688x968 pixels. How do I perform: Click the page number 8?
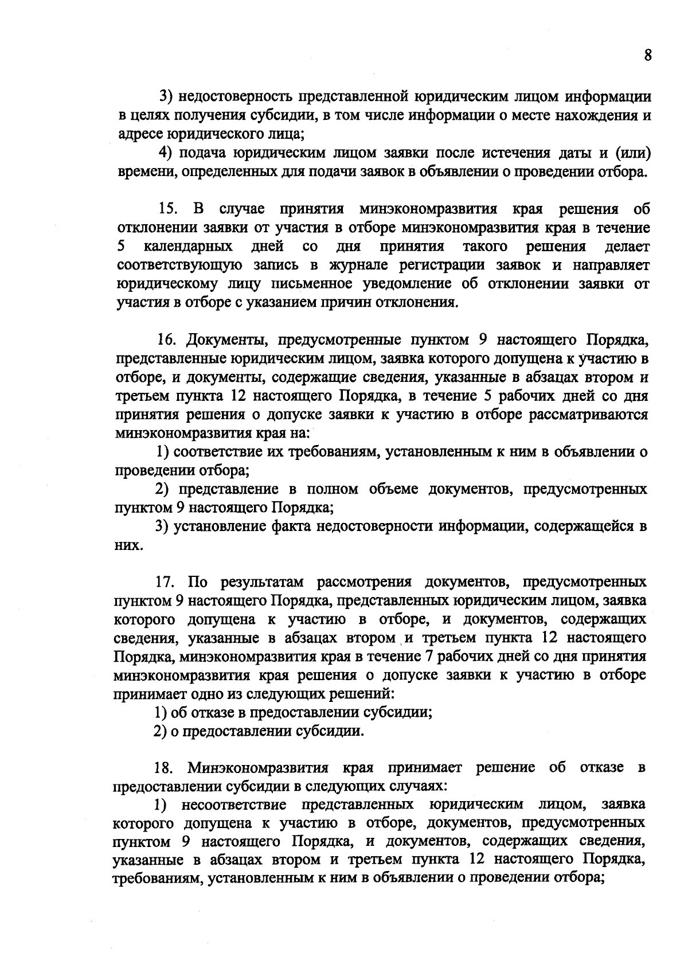coord(648,56)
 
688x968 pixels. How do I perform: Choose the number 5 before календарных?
coord(121,247)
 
